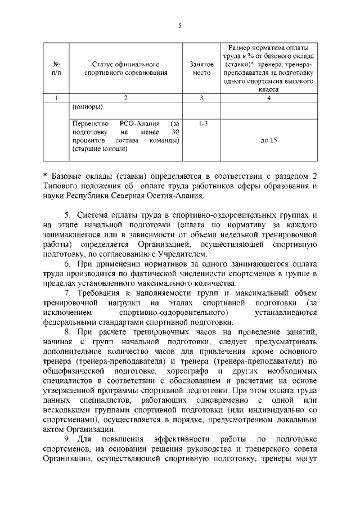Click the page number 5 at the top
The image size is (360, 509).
point(179,25)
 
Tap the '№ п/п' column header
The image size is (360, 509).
point(56,69)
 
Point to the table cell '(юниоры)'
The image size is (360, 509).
point(87,107)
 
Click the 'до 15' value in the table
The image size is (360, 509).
point(269,141)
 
